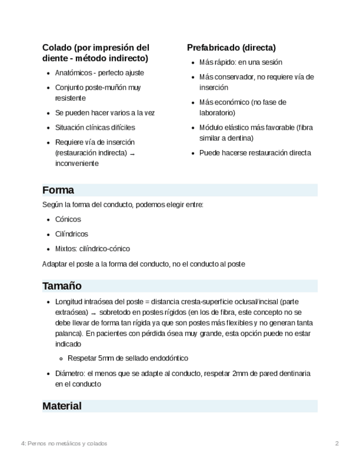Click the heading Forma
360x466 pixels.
pyautogui.click(x=58, y=190)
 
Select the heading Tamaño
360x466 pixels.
pyautogui.click(x=62, y=286)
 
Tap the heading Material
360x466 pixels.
pyautogui.click(x=62, y=406)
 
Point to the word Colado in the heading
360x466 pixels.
pyautogui.click(x=57, y=48)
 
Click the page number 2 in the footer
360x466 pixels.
pyautogui.click(x=337, y=443)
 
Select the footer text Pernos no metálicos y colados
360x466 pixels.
pyautogui.click(x=67, y=443)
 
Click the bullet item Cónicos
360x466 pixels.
pyautogui.click(x=68, y=219)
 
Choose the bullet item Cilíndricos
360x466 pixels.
pyautogui.click(x=71, y=234)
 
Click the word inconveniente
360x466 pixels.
pyautogui.click(x=77, y=164)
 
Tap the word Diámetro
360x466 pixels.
pyautogui.click(x=70, y=374)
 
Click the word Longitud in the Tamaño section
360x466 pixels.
pyautogui.click(x=70, y=302)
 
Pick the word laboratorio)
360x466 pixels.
pyautogui.click(x=217, y=113)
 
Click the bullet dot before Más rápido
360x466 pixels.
pyautogui.click(x=193, y=63)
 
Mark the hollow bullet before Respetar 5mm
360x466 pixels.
pyautogui.click(x=62, y=359)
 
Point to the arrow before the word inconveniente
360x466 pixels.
pyautogui.click(x=132, y=154)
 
